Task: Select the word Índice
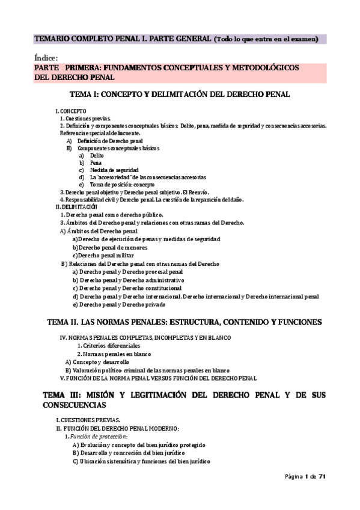point(46,58)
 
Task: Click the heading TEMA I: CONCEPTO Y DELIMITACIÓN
point(180,94)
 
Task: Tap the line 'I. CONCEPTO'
point(70,111)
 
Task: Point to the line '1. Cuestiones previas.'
point(85,118)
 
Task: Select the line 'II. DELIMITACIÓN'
point(76,206)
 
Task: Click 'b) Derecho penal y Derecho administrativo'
point(128,280)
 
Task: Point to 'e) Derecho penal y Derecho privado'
point(118,305)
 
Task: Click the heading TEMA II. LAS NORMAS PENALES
point(184,322)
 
